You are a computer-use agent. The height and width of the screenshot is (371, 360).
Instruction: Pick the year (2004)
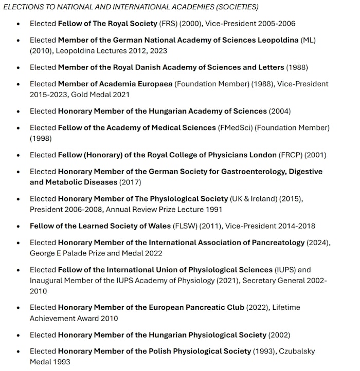coord(280,111)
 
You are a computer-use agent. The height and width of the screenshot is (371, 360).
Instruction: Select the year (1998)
coord(41,138)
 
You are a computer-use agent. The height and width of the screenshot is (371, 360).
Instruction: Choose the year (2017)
coord(130,182)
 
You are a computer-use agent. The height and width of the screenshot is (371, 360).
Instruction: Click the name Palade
coord(79,253)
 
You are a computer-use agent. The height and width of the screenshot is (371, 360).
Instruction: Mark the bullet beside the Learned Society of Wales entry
coord(19,226)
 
